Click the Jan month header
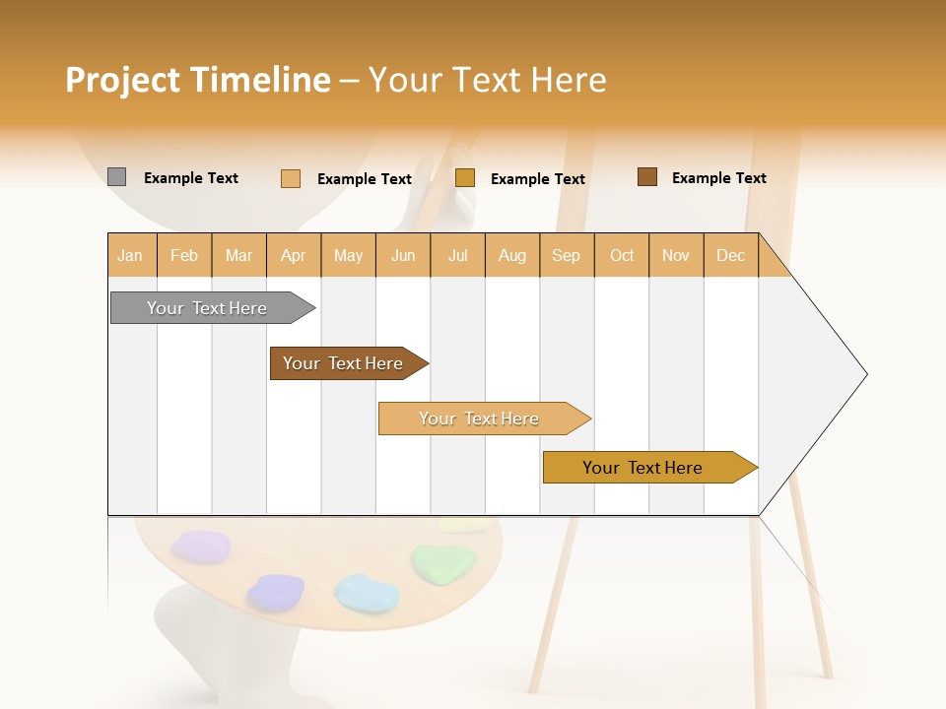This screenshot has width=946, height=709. tap(131, 255)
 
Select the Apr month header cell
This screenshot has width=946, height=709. tap(294, 255)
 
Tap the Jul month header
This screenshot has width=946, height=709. tap(457, 255)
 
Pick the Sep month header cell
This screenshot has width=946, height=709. tap(567, 255)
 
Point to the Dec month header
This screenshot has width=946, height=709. tap(730, 255)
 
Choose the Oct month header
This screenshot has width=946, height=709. tap(622, 255)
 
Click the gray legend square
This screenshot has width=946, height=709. tap(116, 177)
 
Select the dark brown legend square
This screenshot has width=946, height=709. tap(646, 177)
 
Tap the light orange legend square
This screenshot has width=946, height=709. tap(290, 178)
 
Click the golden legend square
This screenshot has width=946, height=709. tap(465, 178)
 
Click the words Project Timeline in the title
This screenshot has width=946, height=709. tap(197, 80)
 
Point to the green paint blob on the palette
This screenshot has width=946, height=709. tap(442, 562)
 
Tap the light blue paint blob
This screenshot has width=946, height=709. tap(366, 593)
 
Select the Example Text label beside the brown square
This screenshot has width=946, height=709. tap(718, 178)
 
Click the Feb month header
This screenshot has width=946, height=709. tap(184, 255)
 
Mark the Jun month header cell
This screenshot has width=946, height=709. tap(403, 255)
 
